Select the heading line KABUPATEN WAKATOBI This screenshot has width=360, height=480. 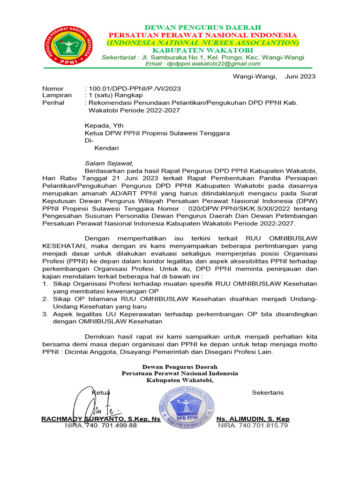point(203,50)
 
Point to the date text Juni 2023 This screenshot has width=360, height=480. point(300,76)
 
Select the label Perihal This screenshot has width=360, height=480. point(53,102)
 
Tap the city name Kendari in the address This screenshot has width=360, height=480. point(107,148)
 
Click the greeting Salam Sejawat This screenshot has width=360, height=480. point(109,163)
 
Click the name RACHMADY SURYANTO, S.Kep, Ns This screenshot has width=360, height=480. point(101,419)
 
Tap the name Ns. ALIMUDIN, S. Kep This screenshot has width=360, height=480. point(253,419)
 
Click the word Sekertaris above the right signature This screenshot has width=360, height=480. point(268,392)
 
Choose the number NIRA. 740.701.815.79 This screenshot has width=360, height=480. point(253,426)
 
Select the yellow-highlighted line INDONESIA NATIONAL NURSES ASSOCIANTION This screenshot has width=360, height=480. point(203,43)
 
